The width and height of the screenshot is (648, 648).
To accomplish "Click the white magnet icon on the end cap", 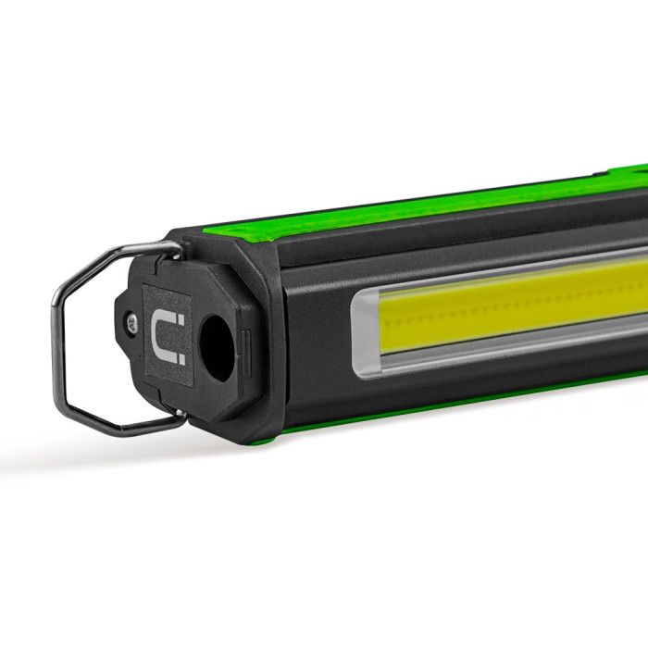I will click(x=169, y=336).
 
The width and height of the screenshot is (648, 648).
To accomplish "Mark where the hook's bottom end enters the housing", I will click(x=181, y=418).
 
